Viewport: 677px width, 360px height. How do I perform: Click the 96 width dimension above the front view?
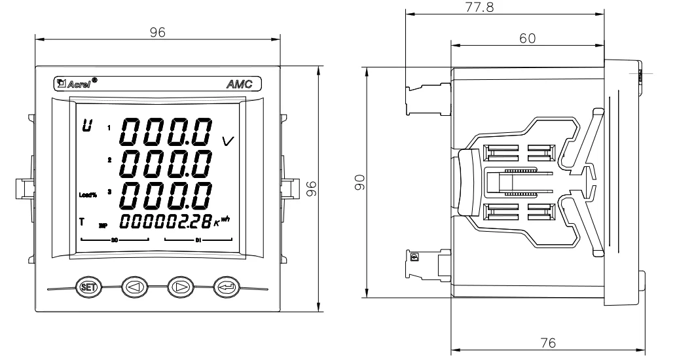[x=157, y=32]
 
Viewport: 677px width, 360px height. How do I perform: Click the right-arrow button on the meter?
[x=180, y=286]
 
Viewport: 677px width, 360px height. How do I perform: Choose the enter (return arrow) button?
[x=226, y=286]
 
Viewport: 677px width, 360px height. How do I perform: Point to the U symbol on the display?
[x=85, y=126]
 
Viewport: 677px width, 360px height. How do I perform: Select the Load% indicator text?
[x=87, y=194]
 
